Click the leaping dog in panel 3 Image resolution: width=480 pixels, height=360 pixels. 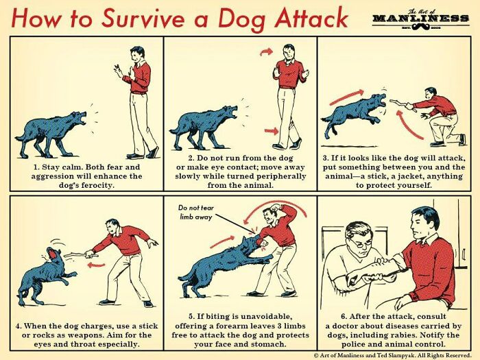[x=353, y=113]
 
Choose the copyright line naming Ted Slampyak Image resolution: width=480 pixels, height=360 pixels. [x=394, y=355]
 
